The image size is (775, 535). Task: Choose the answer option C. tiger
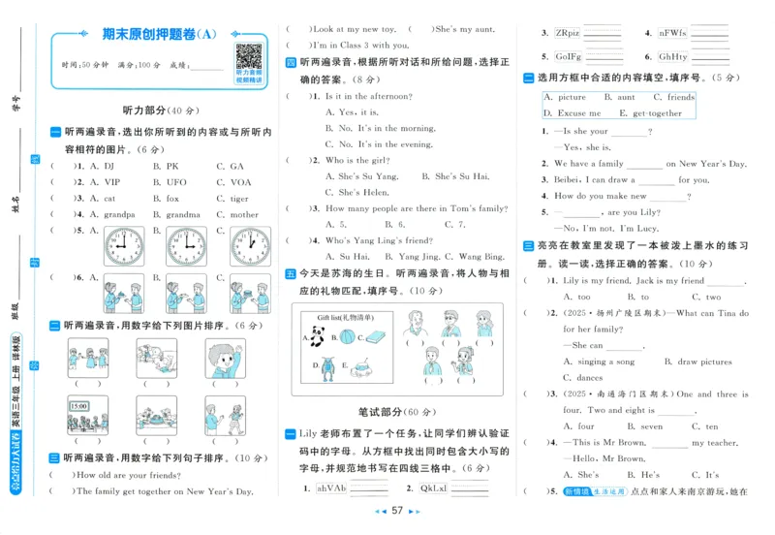232,199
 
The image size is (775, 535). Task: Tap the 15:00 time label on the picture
78,407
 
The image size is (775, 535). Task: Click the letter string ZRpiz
568,33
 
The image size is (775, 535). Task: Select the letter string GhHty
673,57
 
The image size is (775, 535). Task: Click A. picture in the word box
565,98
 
